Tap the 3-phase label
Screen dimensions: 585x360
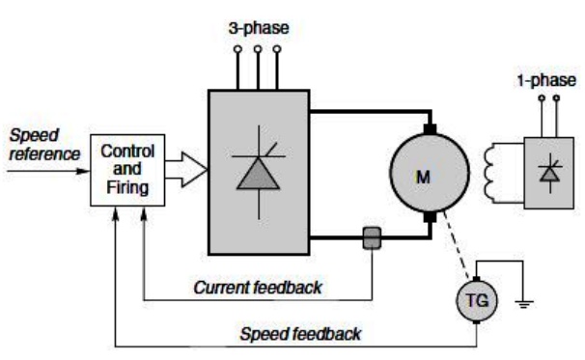click(259, 28)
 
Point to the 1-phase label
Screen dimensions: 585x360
click(546, 80)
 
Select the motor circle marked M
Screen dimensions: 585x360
click(430, 173)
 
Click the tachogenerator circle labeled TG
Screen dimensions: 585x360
click(477, 300)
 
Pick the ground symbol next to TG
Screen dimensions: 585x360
click(524, 303)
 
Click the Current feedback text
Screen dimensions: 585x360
click(258, 288)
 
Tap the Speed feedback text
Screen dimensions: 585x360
click(300, 334)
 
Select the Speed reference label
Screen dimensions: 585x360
click(44, 145)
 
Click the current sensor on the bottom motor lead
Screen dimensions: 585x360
click(372, 238)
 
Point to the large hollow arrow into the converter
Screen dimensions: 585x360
click(185, 169)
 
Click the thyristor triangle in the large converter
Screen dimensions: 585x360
click(258, 174)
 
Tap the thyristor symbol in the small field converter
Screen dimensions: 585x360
click(549, 175)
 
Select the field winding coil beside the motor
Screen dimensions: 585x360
click(491, 173)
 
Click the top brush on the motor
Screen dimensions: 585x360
click(430, 129)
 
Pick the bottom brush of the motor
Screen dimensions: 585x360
click(430, 217)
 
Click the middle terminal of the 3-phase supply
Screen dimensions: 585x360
click(258, 49)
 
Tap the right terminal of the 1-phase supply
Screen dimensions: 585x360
click(556, 98)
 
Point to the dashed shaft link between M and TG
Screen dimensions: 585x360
click(456, 245)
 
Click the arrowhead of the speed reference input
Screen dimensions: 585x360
click(83, 171)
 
